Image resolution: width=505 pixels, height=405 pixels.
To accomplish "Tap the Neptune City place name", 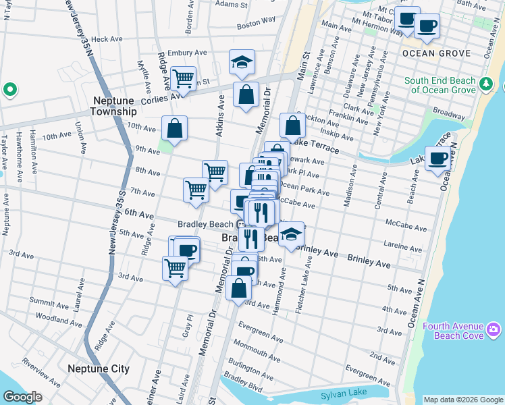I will [x=99, y=369].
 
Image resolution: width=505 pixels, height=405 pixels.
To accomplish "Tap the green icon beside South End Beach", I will [x=486, y=84].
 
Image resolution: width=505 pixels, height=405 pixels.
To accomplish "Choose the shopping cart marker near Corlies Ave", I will [x=183, y=79].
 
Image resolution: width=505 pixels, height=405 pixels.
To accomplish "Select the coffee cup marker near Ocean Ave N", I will [x=437, y=158].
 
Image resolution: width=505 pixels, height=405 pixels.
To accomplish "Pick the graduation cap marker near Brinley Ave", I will [x=291, y=234].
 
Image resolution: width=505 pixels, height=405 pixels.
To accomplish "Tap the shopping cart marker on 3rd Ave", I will [x=175, y=268].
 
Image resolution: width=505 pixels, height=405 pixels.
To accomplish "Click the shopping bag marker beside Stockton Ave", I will [x=292, y=126].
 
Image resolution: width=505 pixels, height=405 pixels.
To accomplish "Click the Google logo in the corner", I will [x=22, y=397].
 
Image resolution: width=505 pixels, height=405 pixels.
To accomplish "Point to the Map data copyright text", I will [x=462, y=400].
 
